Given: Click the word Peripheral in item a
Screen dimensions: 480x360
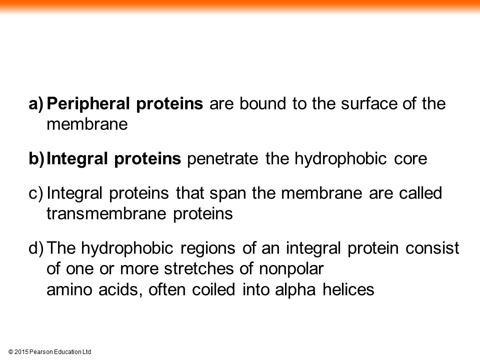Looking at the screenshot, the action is point(88,104).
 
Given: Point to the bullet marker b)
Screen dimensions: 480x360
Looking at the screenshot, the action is point(36,159).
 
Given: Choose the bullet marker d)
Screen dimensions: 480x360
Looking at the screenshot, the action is point(36,248).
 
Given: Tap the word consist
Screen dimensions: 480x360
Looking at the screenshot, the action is point(432,248).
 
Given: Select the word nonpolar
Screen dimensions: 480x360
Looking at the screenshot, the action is point(291,269).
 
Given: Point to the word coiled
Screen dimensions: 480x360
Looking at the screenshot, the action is point(213,289).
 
